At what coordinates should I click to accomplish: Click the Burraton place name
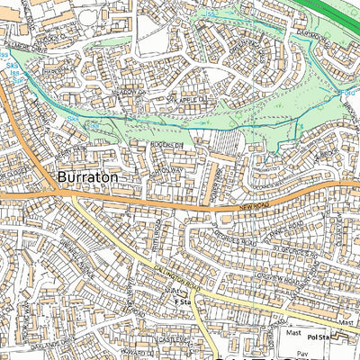click(86, 178)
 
